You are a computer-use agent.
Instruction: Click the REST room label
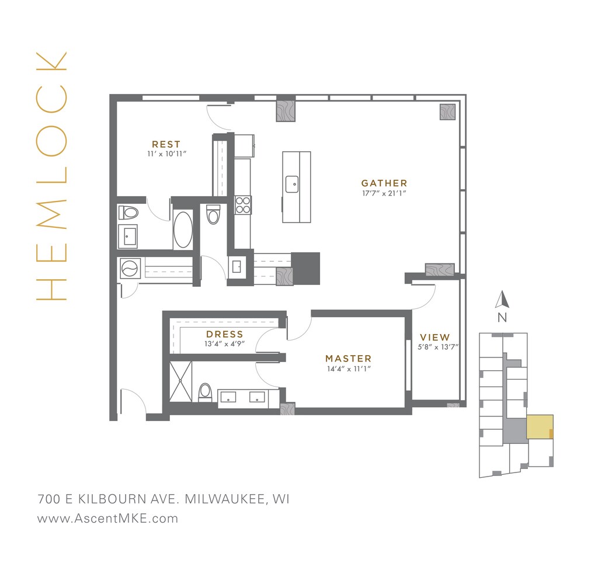click(166, 144)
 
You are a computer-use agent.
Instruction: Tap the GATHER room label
click(384, 183)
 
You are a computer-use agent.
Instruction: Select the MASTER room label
click(348, 359)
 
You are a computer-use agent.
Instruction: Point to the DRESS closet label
click(224, 335)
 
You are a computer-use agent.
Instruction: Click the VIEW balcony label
click(435, 337)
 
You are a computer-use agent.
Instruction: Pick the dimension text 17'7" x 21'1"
click(384, 193)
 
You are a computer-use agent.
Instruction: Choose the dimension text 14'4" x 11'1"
click(348, 369)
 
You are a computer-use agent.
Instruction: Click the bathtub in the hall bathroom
click(183, 230)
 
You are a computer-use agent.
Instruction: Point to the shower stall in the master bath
click(180, 381)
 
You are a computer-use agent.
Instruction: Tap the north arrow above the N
click(502, 300)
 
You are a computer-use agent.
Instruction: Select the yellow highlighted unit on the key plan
click(539, 427)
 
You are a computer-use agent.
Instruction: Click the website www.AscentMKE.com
click(107, 518)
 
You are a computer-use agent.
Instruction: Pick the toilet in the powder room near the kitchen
click(213, 215)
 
